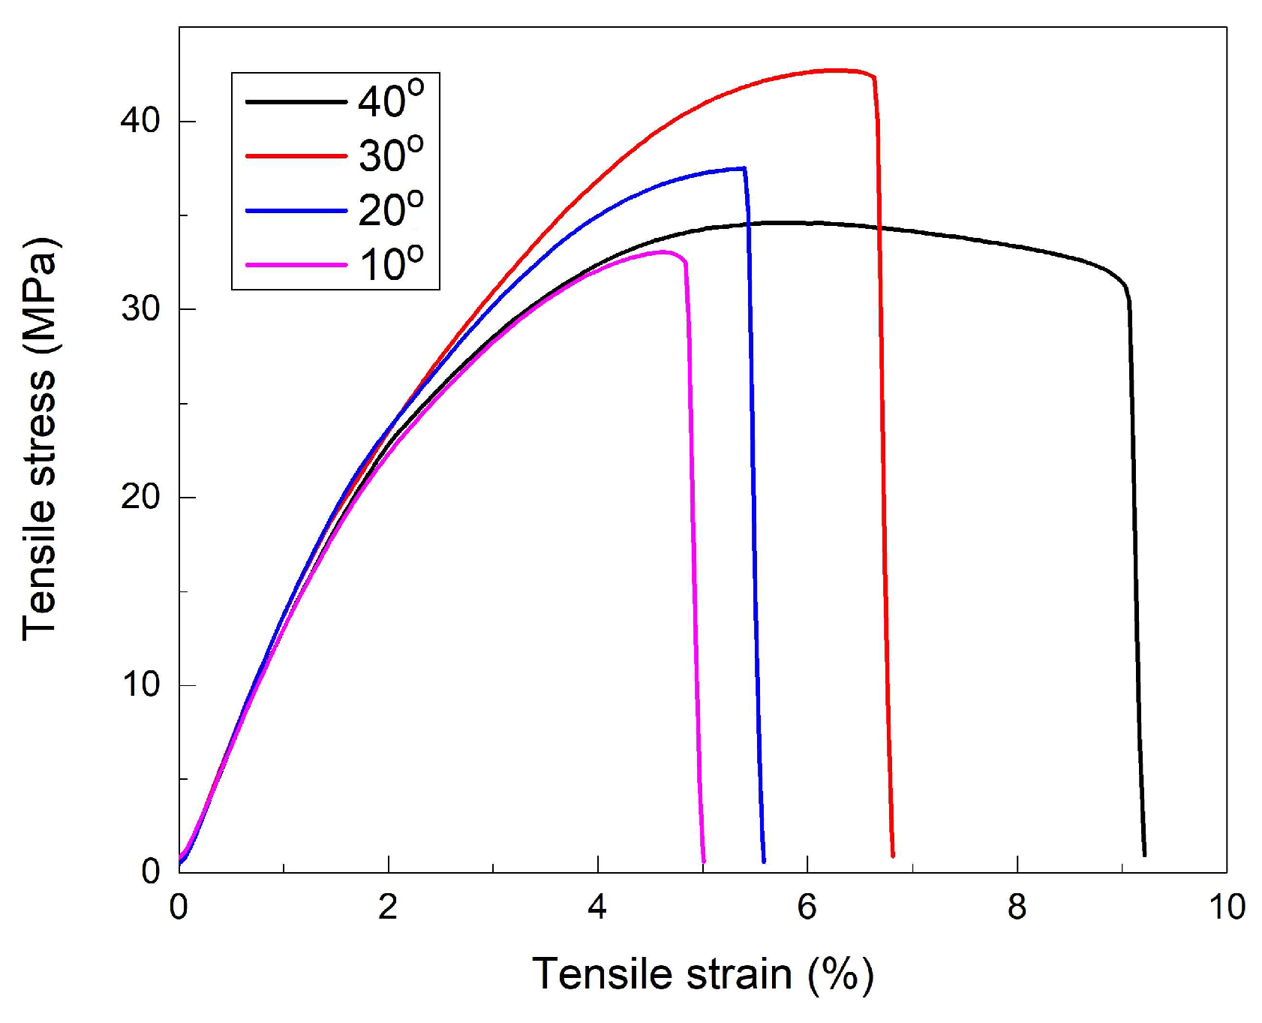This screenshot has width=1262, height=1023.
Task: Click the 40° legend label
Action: coord(390,100)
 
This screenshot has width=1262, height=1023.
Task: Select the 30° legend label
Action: coord(390,155)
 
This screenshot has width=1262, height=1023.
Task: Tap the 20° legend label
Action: coord(390,210)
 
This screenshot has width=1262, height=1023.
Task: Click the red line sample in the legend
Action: coord(296,156)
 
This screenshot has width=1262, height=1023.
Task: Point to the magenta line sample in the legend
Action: coord(296,265)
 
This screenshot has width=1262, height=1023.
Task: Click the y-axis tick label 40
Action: coord(140,121)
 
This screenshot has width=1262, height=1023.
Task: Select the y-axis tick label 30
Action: coord(140,308)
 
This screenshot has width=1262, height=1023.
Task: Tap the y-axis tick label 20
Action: coord(140,497)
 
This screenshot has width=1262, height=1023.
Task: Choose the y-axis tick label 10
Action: coord(140,685)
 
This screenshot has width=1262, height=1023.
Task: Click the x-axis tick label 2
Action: coord(388,907)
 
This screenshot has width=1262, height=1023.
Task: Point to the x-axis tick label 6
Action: coord(807,907)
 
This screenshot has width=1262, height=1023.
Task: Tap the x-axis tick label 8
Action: coord(1017,907)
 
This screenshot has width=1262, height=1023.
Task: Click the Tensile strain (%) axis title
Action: coord(703,975)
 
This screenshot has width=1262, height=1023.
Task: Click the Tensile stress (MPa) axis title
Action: coord(40,439)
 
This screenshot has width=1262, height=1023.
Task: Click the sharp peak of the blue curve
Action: coord(744,168)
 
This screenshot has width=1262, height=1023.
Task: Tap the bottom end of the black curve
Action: coord(1143,854)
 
